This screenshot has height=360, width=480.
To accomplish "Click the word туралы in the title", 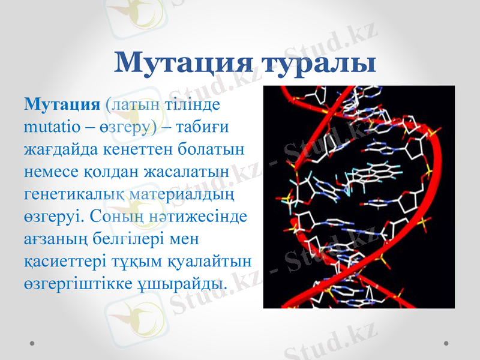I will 319,63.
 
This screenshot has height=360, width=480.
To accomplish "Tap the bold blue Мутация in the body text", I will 61,104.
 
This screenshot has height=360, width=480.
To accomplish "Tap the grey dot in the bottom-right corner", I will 446,343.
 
